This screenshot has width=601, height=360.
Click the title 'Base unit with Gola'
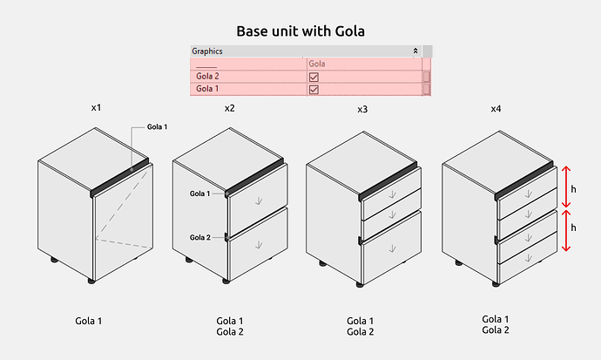(300, 31)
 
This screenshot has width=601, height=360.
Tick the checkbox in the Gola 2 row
(314, 77)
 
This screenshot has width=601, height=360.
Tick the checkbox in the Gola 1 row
(314, 89)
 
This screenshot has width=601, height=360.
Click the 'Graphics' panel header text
(207, 51)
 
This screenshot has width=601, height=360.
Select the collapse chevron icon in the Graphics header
(416, 51)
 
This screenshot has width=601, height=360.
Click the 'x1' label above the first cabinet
(97, 108)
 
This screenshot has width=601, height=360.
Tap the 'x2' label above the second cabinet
(229, 108)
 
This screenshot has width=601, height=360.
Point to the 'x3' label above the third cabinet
(362, 110)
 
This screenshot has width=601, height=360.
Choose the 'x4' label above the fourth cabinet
(496, 109)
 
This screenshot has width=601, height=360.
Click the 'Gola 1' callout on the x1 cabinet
(157, 127)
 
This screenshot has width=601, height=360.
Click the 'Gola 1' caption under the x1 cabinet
(89, 321)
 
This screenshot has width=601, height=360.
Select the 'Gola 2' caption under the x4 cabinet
(496, 329)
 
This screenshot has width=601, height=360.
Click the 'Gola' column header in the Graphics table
(317, 65)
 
